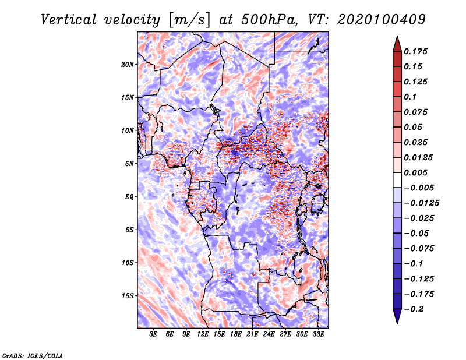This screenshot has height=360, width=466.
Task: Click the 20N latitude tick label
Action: coord(127,65)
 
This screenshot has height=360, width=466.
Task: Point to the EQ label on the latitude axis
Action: coord(129,197)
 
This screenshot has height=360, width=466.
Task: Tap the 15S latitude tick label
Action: coord(128,296)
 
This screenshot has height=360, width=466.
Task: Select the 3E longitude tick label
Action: coord(153,334)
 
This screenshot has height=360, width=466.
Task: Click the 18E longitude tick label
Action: coord(236,334)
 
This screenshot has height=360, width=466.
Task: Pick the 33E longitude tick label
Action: coord(318,334)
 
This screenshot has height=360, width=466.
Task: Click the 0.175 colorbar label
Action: coord(415,51)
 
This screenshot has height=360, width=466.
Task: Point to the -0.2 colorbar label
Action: coord(414,309)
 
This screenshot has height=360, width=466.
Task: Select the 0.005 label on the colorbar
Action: coord(415,172)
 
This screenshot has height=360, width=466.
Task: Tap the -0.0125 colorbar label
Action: coord(421,203)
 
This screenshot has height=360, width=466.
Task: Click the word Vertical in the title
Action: coord(69,20)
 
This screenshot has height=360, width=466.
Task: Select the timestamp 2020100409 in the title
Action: coord(382,20)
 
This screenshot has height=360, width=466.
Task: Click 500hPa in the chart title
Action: coord(269,20)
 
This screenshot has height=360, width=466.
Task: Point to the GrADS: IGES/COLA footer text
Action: coord(33,355)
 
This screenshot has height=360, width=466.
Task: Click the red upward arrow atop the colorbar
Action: coord(397,44)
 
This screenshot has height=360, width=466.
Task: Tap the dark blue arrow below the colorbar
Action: coord(397,316)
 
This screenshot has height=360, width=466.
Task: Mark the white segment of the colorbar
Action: coord(397,180)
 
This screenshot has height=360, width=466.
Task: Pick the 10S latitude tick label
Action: coord(128,263)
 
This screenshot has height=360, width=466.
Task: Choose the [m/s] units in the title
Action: coord(189,20)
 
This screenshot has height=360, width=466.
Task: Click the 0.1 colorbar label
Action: coord(410,97)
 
